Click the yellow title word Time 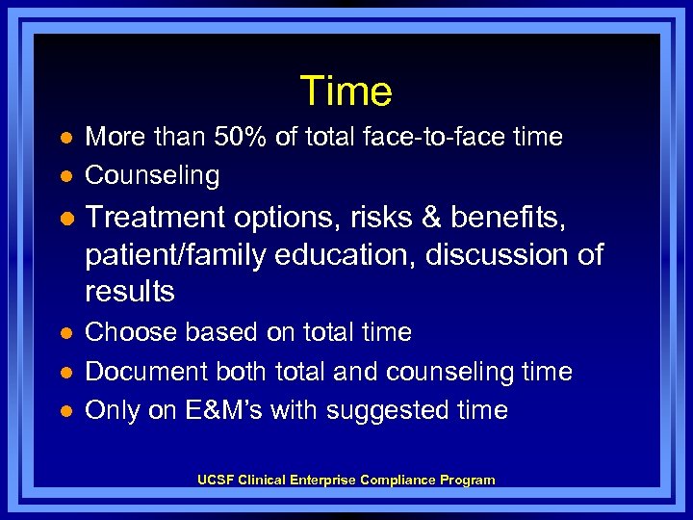point(346,91)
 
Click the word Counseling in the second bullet point(152,175)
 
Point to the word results point(130,291)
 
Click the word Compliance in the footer point(398,480)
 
